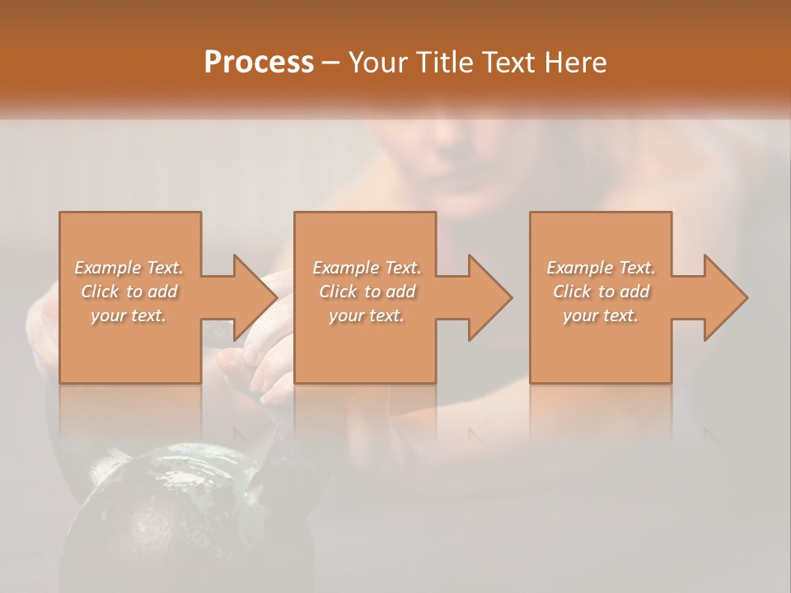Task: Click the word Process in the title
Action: (259, 63)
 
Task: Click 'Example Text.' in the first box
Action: (129, 268)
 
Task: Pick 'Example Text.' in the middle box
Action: (367, 268)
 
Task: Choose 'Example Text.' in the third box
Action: (601, 268)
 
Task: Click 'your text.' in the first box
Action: (129, 315)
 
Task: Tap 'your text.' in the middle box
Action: (367, 315)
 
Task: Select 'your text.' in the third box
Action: (601, 315)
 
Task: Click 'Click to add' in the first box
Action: (129, 292)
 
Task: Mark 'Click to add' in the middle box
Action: (367, 292)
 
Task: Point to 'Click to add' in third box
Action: (601, 292)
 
